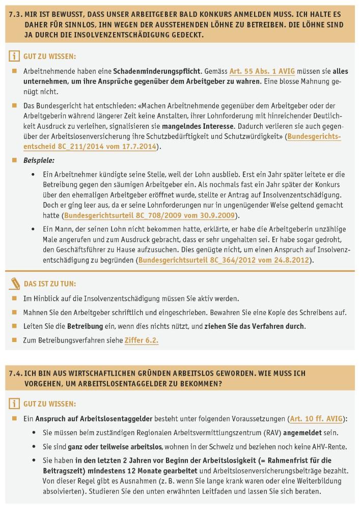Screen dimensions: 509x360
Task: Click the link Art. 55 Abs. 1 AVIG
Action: click(x=262, y=72)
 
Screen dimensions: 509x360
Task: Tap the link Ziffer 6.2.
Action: click(x=142, y=341)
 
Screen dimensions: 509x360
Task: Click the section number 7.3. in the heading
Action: click(x=16, y=15)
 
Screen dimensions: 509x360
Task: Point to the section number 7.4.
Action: click(x=16, y=373)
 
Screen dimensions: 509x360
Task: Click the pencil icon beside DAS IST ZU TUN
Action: click(x=15, y=283)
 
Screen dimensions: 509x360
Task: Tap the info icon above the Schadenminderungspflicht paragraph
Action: click(x=15, y=56)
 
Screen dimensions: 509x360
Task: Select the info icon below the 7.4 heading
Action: click(x=15, y=404)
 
